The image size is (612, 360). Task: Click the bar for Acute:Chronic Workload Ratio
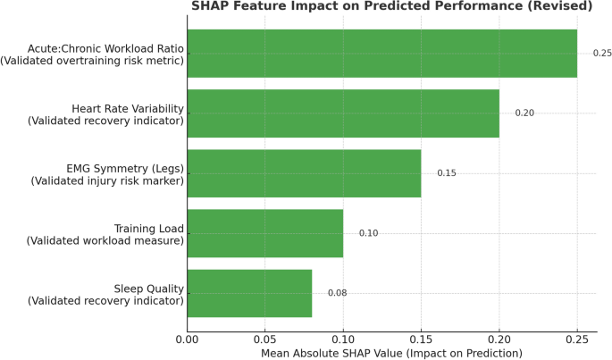pos(382,54)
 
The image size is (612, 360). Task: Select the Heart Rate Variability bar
pos(343,113)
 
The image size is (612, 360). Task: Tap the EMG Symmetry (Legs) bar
pos(304,173)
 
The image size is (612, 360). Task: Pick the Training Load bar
pos(265,233)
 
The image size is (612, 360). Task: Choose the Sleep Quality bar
pos(249,293)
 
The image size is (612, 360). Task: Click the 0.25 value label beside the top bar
pos(602,54)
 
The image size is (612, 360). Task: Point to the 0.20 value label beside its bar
pos(524,113)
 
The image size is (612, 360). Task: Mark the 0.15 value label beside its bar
pos(447,173)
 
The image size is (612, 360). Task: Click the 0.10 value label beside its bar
pos(368,233)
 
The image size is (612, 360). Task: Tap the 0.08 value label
pos(337,293)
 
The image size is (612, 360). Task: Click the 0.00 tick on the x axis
pos(188,339)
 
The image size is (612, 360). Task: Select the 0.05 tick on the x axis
pos(265,339)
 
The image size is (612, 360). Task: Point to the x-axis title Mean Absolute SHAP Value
pos(391,354)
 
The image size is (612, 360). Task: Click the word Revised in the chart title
pos(562,6)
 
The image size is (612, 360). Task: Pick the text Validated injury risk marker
pos(107,180)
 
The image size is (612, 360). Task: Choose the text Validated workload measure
pos(105,240)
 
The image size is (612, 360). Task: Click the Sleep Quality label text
pos(149,288)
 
